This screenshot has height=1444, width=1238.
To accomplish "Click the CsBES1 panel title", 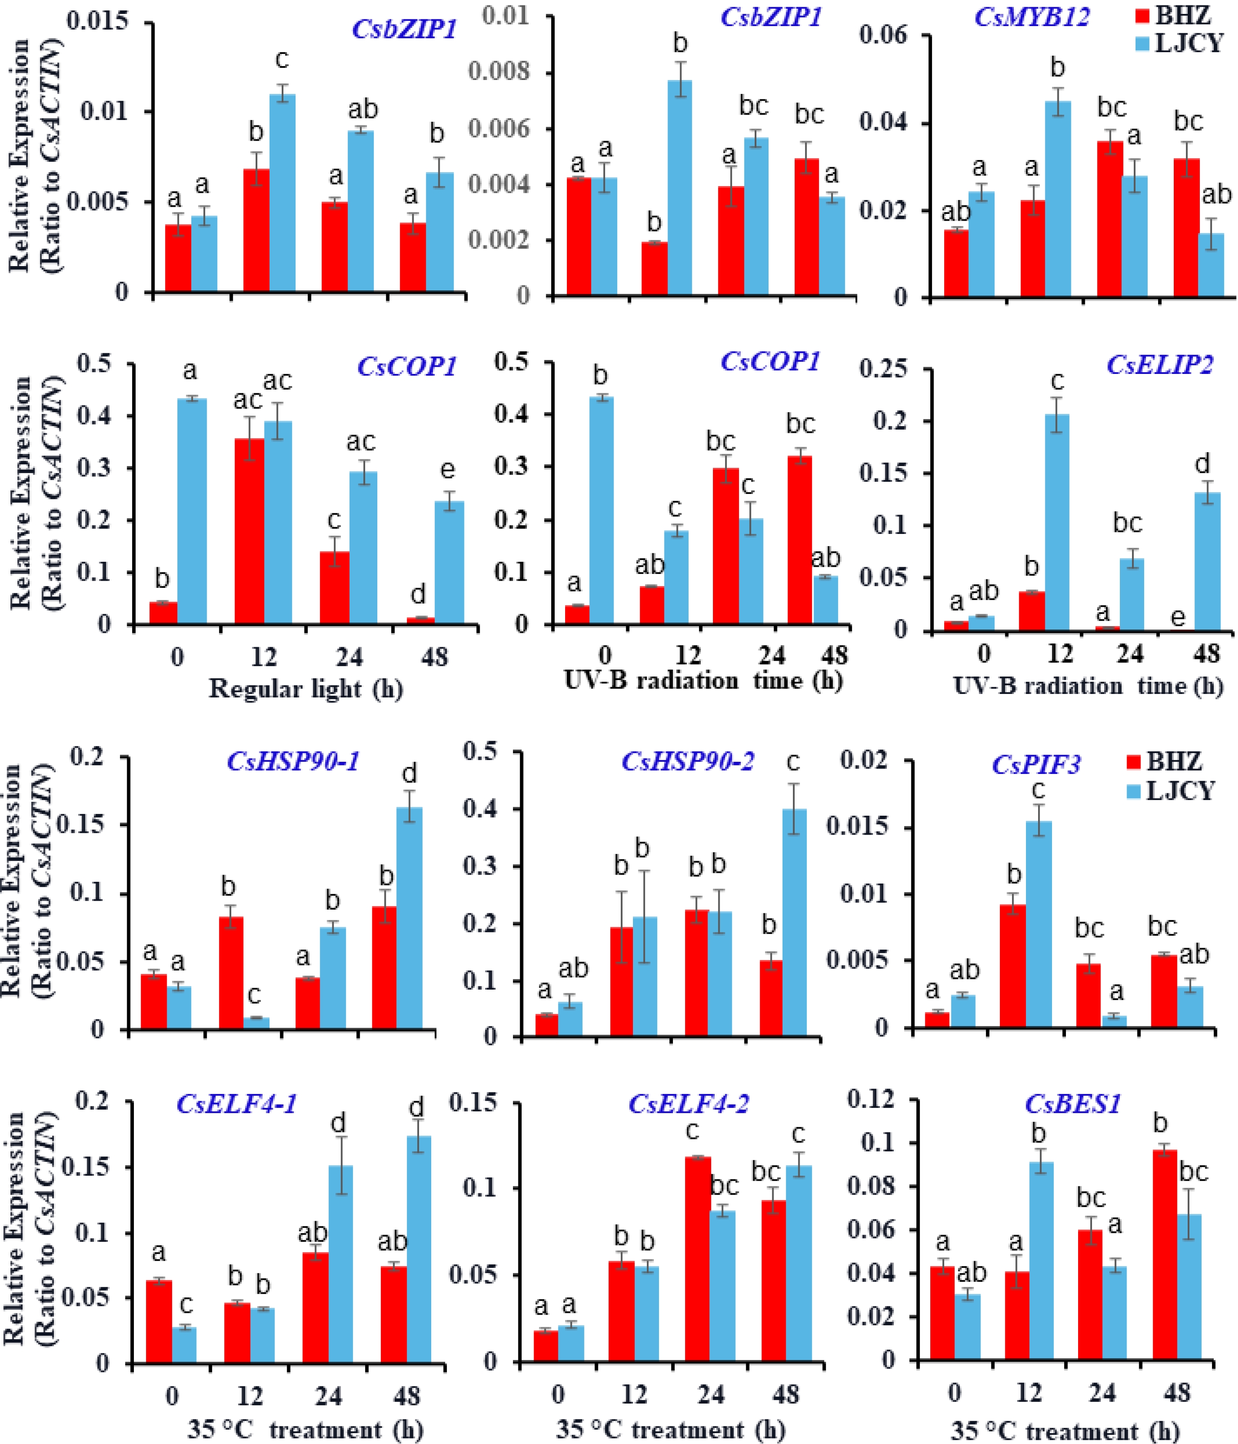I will coord(1073,1105).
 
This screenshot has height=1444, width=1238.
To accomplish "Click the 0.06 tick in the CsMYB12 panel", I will coord(884,35).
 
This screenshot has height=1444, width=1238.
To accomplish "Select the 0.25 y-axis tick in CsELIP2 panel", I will coord(884,369).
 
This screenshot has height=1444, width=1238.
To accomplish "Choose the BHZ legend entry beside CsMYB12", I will coord(1180,15).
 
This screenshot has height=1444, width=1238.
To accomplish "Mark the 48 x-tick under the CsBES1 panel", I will coord(1177,1392).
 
